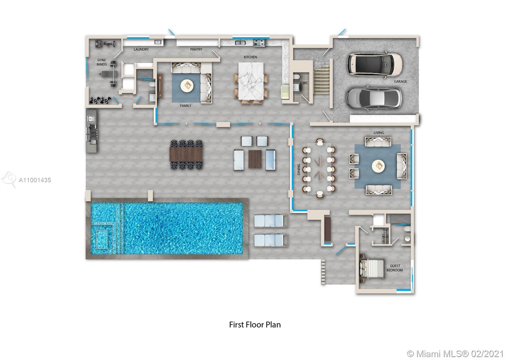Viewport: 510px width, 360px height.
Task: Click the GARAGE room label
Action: [x=400, y=82]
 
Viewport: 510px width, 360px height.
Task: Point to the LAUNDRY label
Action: [x=141, y=49]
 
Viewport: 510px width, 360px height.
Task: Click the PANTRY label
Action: [x=196, y=49]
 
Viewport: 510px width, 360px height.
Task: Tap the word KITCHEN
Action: [x=250, y=57]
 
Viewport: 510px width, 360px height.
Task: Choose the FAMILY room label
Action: [x=186, y=105]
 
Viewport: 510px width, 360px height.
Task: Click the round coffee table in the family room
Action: [x=186, y=85]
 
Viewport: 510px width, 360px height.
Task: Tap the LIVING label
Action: [x=379, y=133]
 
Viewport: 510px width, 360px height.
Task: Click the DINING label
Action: [x=299, y=169]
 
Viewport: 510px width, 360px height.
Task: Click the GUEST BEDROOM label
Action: [x=395, y=268]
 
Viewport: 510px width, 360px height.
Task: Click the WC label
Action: [x=305, y=83]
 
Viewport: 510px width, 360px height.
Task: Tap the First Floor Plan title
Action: [x=255, y=325]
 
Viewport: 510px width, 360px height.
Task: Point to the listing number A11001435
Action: [x=35, y=180]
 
